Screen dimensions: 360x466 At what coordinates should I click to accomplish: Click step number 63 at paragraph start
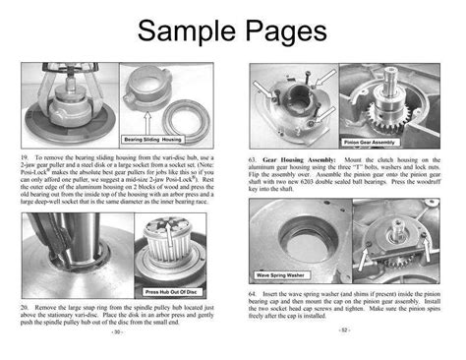tap(254, 158)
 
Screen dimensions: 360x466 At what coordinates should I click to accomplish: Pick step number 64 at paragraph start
tap(254, 293)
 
